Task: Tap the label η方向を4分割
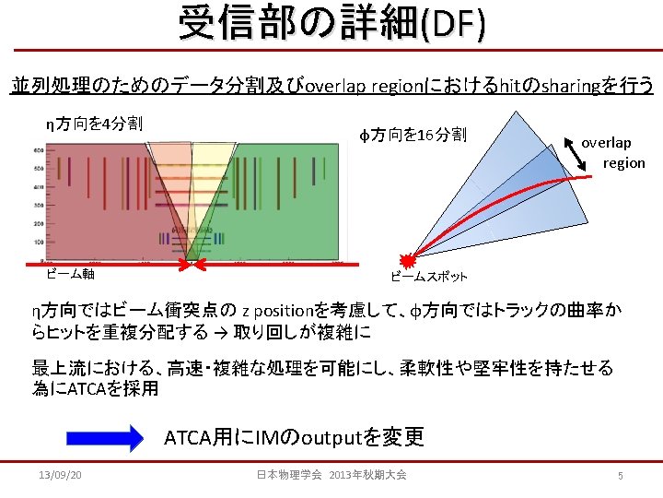(x=93, y=123)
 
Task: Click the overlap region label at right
(x=612, y=152)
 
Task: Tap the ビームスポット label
(x=429, y=277)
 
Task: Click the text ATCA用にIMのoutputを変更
(x=294, y=436)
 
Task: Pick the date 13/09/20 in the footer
(x=61, y=475)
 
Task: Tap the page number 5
(x=621, y=475)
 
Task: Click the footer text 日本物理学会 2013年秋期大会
(x=331, y=475)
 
